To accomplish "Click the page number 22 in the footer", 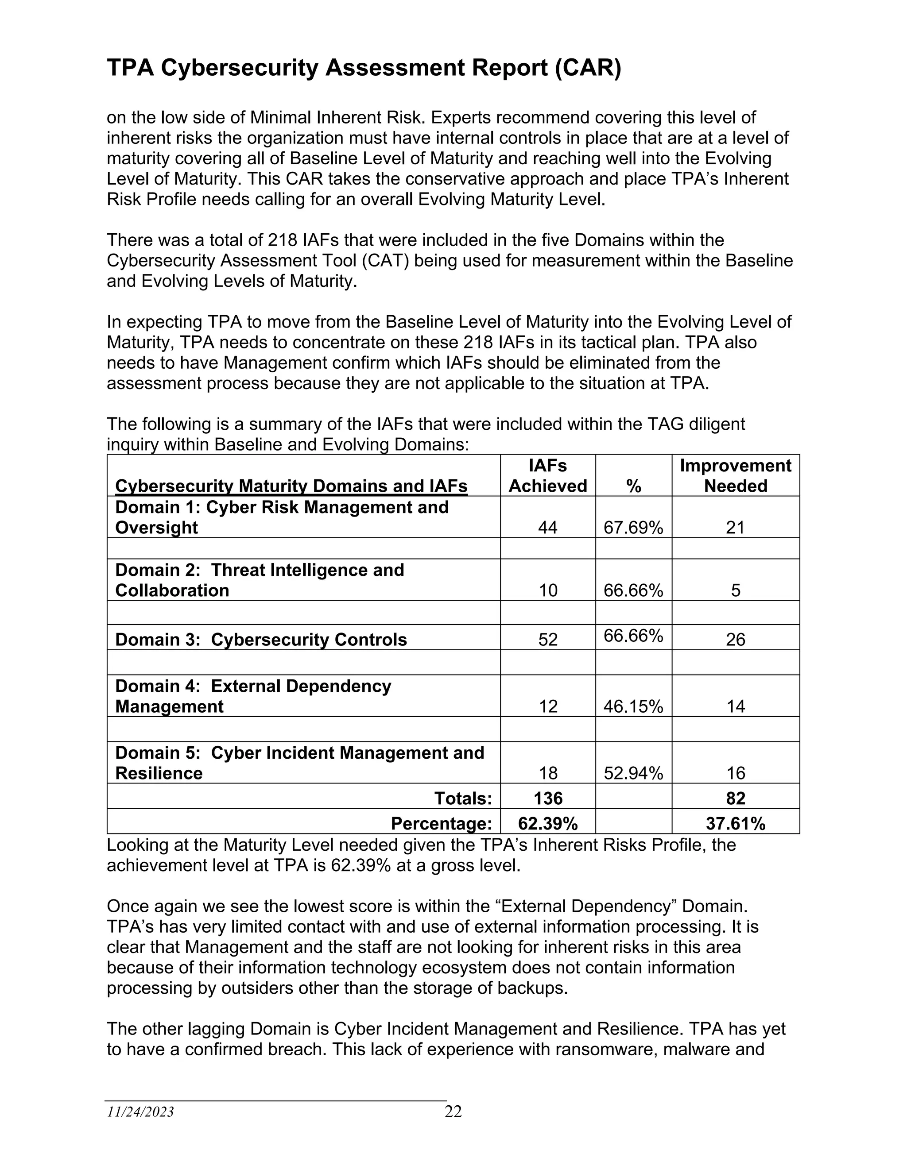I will click(453, 1111).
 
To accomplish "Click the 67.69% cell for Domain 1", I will click(633, 528).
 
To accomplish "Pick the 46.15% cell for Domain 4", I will click(633, 706).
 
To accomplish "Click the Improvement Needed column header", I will click(735, 475).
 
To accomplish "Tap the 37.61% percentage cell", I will click(735, 823).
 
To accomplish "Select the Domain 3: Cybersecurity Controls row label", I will click(261, 639).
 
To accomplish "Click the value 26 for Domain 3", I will click(735, 639).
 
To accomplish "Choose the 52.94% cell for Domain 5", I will click(633, 773).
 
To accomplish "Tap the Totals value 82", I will click(735, 798).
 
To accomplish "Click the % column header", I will click(633, 486).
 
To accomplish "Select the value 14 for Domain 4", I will click(735, 706).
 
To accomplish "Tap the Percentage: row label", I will click(441, 823).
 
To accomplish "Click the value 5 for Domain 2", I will click(735, 590).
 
